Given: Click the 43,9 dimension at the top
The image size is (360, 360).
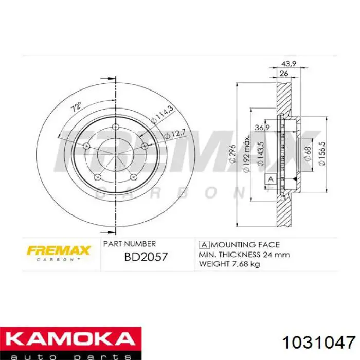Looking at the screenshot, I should coord(287,63).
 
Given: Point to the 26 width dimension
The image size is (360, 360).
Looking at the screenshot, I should coord(283,73).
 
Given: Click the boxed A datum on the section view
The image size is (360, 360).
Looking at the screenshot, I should coord(269,179).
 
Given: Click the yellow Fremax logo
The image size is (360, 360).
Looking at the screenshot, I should coord(59,251).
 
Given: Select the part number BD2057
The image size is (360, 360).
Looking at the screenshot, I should coord(146,256).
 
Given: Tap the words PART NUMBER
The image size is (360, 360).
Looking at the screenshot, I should coord(130,244).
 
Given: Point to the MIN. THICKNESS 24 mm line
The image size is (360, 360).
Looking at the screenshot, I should coord(244,254).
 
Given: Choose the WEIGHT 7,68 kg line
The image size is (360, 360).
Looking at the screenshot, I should coord(229,264).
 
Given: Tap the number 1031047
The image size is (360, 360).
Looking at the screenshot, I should coord(319,343).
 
